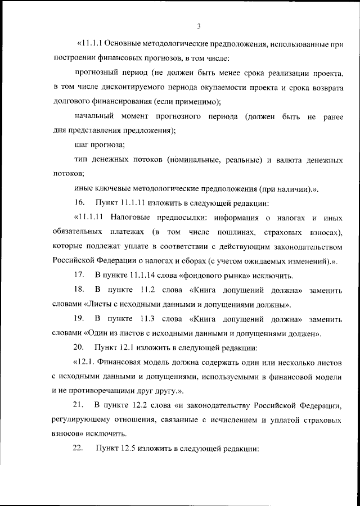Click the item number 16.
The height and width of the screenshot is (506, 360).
[x=79, y=202]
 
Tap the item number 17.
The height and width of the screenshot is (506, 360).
[x=79, y=275]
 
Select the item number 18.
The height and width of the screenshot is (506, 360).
[x=79, y=290]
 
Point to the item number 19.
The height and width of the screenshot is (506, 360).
[x=79, y=319]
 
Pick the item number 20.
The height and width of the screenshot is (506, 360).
[x=79, y=348]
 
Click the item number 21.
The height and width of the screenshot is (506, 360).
[x=79, y=406]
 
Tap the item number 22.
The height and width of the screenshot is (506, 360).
[x=79, y=450]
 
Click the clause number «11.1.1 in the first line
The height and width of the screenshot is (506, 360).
[x=89, y=43]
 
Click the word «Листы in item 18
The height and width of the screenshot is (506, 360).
[x=100, y=304]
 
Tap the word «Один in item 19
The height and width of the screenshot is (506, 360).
[x=100, y=333]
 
